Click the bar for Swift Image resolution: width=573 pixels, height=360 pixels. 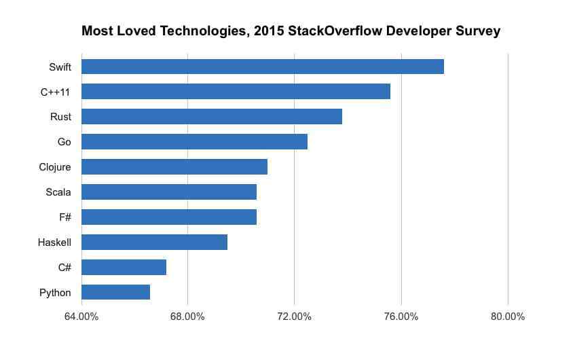coord(262,67)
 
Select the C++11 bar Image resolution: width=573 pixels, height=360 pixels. coord(236,92)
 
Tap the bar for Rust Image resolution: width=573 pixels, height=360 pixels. coord(211,117)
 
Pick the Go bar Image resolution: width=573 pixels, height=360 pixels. coord(194,141)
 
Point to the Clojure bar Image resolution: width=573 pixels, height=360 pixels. coord(174,166)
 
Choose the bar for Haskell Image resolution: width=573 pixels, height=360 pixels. coord(154,242)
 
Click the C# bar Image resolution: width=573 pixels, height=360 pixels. coord(124,267)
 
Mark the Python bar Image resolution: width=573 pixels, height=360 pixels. coord(115,292)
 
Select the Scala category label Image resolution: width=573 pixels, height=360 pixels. coord(58,192)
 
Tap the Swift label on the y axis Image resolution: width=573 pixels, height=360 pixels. coord(60,67)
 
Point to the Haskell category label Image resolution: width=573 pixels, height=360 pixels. coord(54,242)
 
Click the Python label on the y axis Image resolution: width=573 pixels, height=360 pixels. coord(55,292)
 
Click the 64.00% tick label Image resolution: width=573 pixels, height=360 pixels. coord(81,317)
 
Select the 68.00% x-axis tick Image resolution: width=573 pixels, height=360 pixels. coord(187,317)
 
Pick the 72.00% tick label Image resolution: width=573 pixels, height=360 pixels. coord(294,317)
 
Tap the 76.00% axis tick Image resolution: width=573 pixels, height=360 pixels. coord(401,317)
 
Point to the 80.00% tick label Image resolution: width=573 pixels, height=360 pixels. coord(507,317)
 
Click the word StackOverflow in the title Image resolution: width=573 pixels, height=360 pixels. coord(323,31)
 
